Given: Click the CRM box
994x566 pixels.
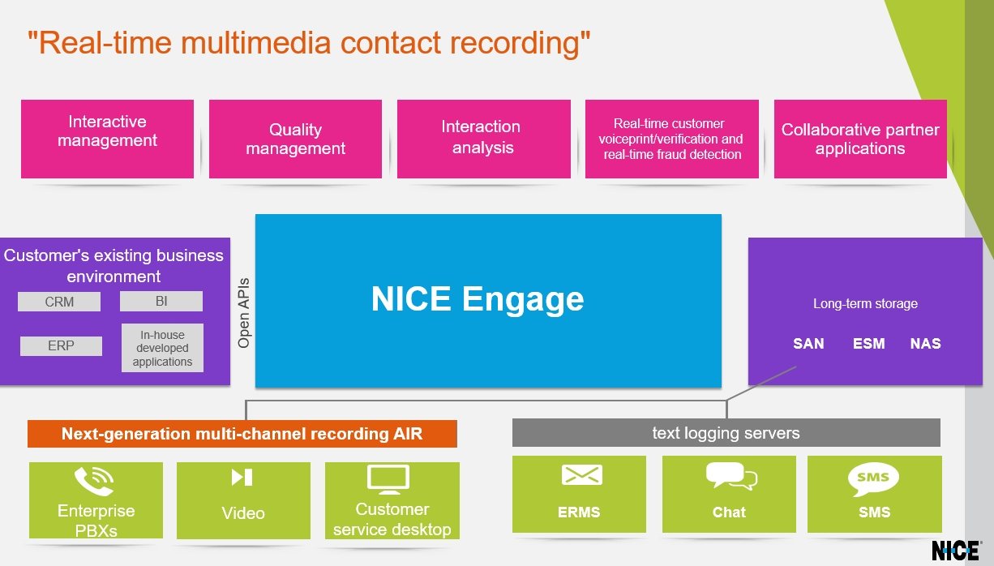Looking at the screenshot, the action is (x=59, y=302).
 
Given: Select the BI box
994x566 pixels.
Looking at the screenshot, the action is (x=161, y=301).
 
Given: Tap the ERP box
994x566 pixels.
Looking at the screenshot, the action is (x=61, y=345).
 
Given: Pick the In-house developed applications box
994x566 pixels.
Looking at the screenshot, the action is (x=162, y=348).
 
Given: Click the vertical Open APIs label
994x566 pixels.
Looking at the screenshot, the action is (x=243, y=313).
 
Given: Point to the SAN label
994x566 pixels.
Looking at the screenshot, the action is (x=808, y=343).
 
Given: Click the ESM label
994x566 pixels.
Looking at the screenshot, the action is (x=869, y=343).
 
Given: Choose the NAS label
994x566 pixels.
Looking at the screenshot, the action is (x=926, y=343).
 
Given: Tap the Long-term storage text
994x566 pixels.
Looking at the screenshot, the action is (x=865, y=303).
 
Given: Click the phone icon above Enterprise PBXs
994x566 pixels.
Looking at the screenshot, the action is (x=94, y=481).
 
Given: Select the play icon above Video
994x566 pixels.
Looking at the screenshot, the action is (x=242, y=478).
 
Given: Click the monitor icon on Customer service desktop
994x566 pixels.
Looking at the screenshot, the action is (x=388, y=479).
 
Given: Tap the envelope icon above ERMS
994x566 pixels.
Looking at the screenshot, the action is (x=582, y=475).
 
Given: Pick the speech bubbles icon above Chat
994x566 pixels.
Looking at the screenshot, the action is (x=731, y=476).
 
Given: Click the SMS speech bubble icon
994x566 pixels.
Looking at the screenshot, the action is (x=873, y=479).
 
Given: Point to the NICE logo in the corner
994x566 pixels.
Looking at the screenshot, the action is (x=956, y=551).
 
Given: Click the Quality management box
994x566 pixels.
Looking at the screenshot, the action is (x=296, y=139).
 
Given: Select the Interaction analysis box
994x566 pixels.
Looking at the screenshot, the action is (x=484, y=139).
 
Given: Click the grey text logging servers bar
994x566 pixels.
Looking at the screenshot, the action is (x=726, y=432).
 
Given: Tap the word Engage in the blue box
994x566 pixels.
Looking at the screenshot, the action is (x=523, y=300).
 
